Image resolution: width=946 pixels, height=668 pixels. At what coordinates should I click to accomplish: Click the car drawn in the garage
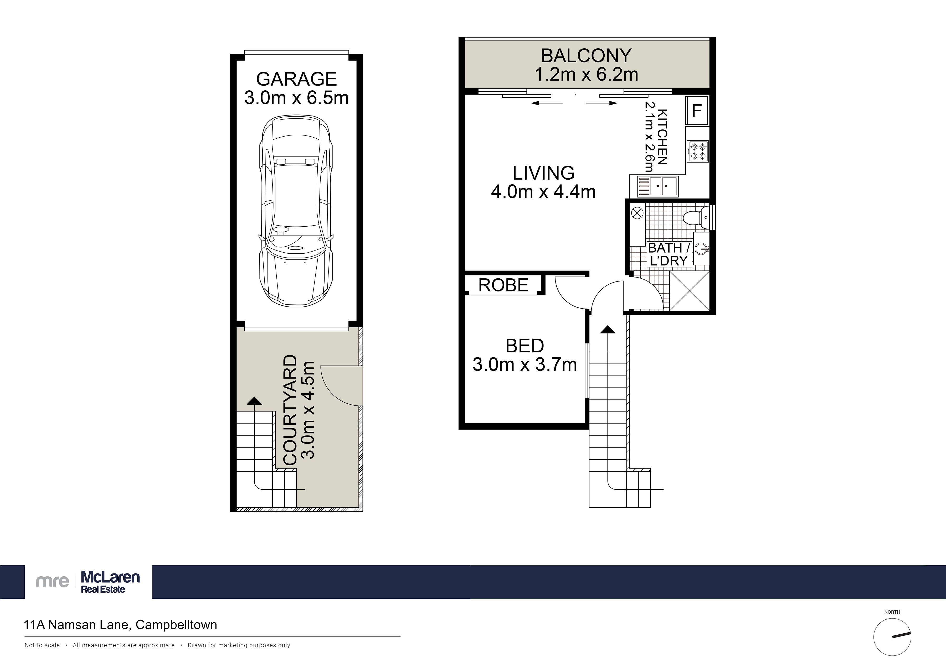coord(296,211)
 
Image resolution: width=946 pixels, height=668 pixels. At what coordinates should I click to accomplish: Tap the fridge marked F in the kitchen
coord(697,110)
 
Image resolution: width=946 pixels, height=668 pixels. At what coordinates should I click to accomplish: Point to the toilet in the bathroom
coord(697,218)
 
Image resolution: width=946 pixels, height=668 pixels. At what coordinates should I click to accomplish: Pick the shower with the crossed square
coord(689,291)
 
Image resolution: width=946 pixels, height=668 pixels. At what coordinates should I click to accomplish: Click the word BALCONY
coord(586,56)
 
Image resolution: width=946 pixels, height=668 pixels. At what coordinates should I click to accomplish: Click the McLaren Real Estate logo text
coord(110,582)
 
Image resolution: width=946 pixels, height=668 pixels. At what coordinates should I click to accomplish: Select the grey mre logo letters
coord(52,582)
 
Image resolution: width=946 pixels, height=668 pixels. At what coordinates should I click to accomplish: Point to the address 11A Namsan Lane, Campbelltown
coord(121,625)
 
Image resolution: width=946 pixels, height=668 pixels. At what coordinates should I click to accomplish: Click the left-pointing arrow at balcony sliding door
coord(547,103)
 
